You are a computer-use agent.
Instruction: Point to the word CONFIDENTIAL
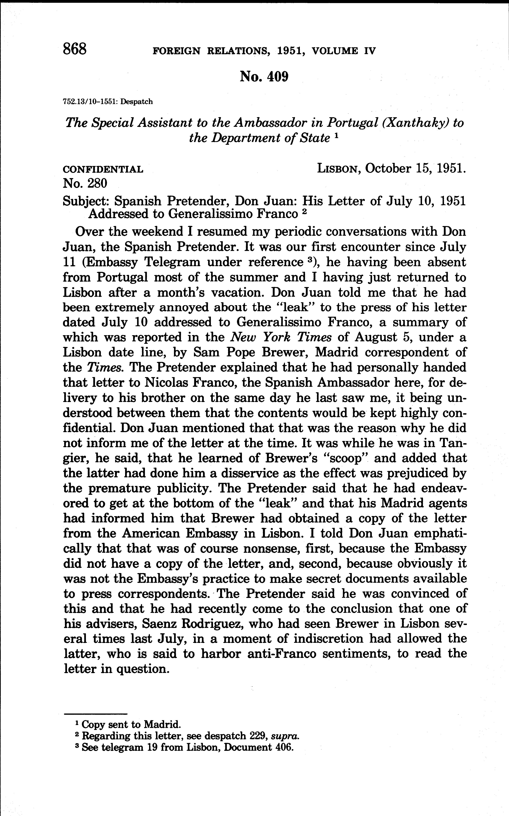[103, 170]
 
